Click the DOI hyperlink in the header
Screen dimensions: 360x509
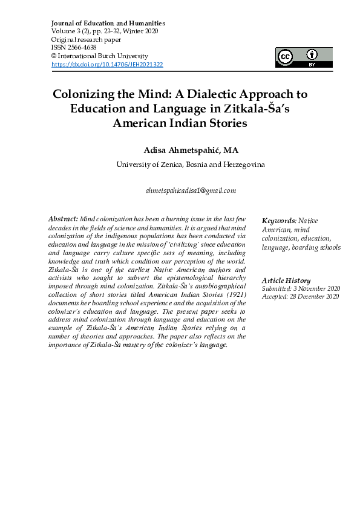pyautogui.click(x=107, y=64)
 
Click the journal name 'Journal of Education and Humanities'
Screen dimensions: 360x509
pyautogui.click(x=108, y=23)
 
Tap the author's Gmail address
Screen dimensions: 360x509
pyautogui.click(x=191, y=190)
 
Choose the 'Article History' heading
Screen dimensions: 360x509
pyautogui.click(x=286, y=280)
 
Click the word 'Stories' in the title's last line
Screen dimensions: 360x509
pyautogui.click(x=224, y=123)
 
